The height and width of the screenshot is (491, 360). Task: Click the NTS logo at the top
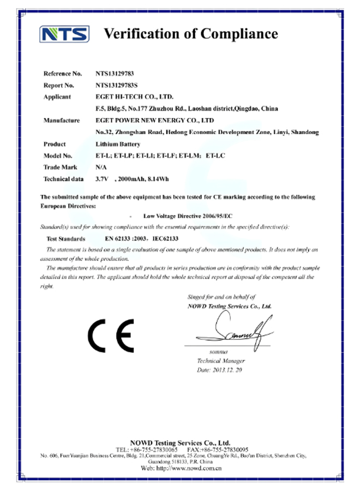[x=64, y=34]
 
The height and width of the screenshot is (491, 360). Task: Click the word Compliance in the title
[x=239, y=34]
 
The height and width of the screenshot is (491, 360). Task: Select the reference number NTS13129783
[x=115, y=73]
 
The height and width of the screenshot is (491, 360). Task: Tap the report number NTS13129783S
[x=116, y=85]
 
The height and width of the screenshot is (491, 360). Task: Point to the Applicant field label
[x=57, y=97]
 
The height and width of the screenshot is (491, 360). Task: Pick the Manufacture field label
[x=62, y=121]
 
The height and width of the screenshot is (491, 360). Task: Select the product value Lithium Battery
[x=118, y=145]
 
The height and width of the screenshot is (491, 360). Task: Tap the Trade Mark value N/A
[x=100, y=167]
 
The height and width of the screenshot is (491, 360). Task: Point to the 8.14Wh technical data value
[x=152, y=179]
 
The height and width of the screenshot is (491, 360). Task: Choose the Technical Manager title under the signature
[x=221, y=361]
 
